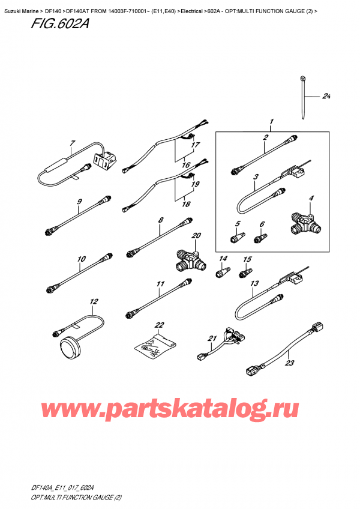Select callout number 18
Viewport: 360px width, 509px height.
point(186,204)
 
